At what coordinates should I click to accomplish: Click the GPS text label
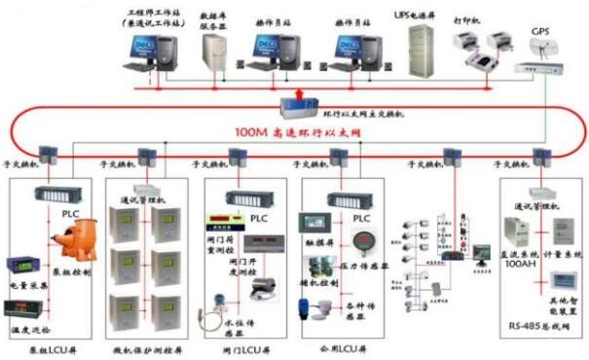541,32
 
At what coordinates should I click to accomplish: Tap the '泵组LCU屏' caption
50,347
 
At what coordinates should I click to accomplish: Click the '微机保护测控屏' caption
147,347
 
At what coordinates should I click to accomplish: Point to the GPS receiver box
541,69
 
